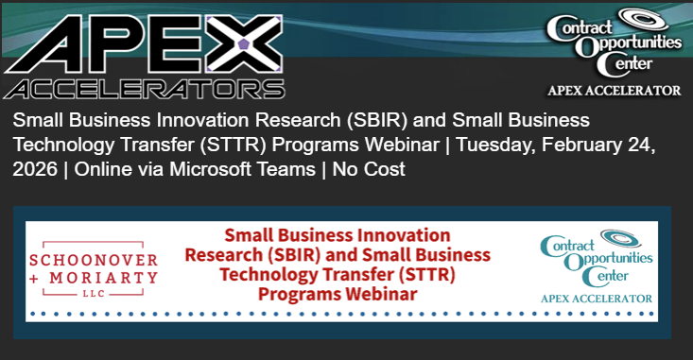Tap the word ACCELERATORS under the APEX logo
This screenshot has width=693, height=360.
144,90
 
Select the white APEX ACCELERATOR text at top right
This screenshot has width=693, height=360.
615,91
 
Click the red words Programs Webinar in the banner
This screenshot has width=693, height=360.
338,294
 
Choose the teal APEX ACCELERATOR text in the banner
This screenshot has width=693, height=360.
597,299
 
